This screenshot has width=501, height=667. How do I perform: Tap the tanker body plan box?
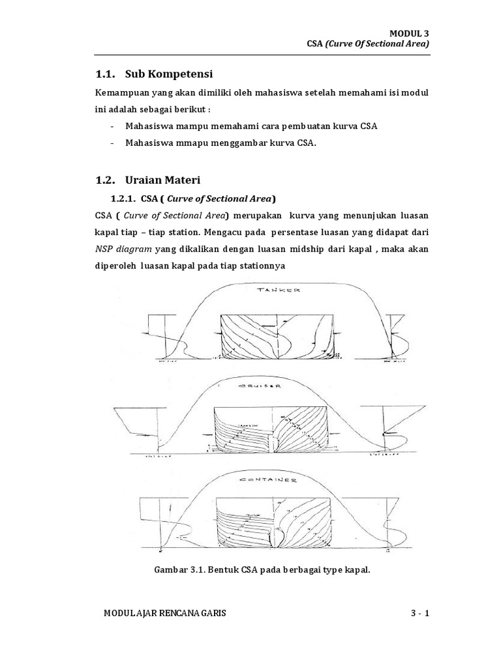(x=279, y=337)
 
